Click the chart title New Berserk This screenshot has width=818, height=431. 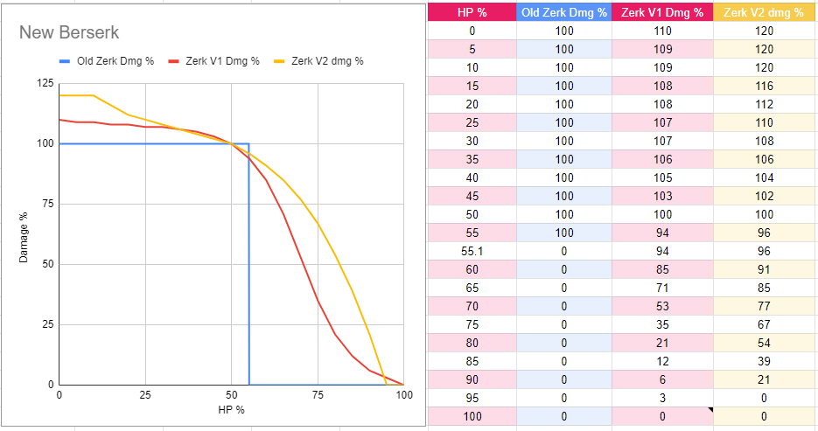click(x=69, y=33)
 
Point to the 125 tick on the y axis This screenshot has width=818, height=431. click(x=44, y=84)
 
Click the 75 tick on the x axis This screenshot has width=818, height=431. click(x=318, y=395)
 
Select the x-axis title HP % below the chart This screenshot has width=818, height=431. click(x=231, y=409)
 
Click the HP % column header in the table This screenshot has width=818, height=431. click(x=472, y=12)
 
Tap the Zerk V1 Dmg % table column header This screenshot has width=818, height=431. click(x=662, y=12)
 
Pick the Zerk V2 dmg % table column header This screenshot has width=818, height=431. click(x=764, y=12)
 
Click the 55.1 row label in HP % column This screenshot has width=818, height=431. click(x=472, y=252)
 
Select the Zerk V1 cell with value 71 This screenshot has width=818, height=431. click(x=662, y=288)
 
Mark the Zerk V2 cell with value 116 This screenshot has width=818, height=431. click(x=764, y=86)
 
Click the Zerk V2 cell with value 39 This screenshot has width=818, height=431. click(x=764, y=361)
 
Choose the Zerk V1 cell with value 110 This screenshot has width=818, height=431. click(x=662, y=31)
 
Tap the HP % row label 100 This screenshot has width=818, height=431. click(x=472, y=417)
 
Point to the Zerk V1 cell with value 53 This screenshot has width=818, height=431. click(x=662, y=306)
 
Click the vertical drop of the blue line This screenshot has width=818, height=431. click(x=249, y=262)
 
